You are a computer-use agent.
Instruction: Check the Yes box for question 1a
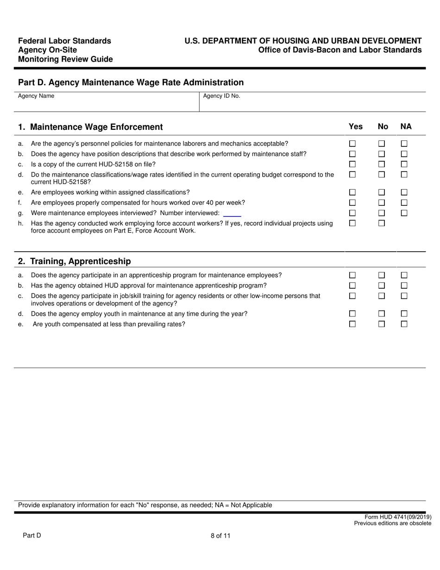click(352, 144)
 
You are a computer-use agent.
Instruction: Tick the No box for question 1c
click(382, 164)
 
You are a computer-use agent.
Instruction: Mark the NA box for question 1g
click(404, 213)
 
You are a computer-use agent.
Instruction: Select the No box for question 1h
click(382, 223)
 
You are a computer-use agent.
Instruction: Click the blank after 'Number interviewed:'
click(232, 213)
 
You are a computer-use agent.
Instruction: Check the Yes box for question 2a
click(352, 275)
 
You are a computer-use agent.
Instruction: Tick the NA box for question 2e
click(404, 324)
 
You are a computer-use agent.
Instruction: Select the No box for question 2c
click(382, 296)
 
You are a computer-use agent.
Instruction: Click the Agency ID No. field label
click(221, 96)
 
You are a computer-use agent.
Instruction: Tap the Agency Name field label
click(36, 96)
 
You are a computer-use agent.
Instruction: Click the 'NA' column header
click(406, 127)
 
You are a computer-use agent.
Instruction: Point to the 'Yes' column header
click(356, 127)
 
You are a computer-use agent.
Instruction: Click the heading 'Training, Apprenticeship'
click(80, 261)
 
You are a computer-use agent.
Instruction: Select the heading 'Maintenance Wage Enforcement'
click(96, 127)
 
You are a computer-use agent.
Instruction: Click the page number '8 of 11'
click(220, 536)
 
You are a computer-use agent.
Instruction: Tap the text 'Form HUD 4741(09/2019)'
click(398, 517)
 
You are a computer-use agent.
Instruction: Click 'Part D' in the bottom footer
click(32, 536)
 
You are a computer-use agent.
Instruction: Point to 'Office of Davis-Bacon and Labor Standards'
click(339, 50)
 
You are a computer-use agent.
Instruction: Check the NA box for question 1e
click(404, 192)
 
